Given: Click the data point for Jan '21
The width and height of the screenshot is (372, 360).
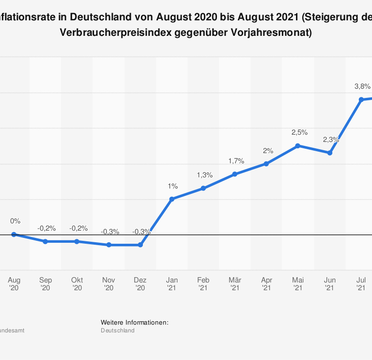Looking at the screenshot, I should pyautogui.click(x=171, y=199).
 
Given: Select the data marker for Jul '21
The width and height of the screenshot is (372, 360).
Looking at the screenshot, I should pyautogui.click(x=361, y=99).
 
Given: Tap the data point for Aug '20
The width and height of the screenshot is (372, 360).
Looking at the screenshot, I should pyautogui.click(x=14, y=235).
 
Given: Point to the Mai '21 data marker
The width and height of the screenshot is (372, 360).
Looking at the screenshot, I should pyautogui.click(x=298, y=145).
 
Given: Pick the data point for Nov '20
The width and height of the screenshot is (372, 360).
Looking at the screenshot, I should pyautogui.click(x=108, y=245).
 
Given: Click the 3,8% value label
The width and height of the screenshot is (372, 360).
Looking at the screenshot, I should pyautogui.click(x=362, y=86).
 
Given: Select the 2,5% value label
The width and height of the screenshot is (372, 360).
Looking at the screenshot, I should pyautogui.click(x=299, y=132).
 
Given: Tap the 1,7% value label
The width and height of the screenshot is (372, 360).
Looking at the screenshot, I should pyautogui.click(x=236, y=161).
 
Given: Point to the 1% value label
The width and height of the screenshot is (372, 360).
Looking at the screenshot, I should pyautogui.click(x=173, y=186).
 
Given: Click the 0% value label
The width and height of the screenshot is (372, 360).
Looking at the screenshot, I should pyautogui.click(x=15, y=221).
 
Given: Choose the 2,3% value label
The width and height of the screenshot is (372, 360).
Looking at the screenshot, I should pyautogui.click(x=331, y=140).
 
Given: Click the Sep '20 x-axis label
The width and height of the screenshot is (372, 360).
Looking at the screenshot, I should pyautogui.click(x=46, y=283).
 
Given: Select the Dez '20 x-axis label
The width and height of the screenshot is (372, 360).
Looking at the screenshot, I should pyautogui.click(x=140, y=283).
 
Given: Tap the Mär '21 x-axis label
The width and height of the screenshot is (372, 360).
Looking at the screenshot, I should pyautogui.click(x=235, y=283).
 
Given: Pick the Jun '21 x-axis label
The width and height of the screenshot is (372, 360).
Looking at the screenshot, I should pyautogui.click(x=329, y=283).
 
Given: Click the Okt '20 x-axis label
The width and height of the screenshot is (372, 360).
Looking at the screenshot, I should pyautogui.click(x=77, y=283).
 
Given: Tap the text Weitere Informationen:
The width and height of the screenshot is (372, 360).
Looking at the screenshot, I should pyautogui.click(x=135, y=322).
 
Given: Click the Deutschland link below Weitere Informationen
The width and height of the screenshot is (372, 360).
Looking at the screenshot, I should pyautogui.click(x=118, y=330).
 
